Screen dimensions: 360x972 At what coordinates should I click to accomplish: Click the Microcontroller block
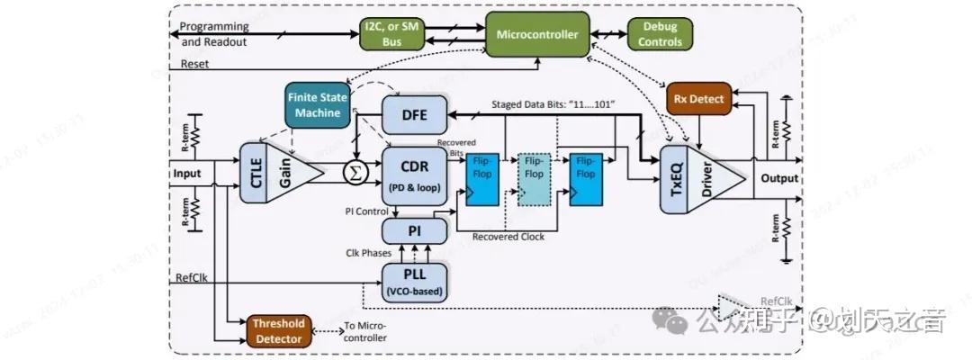click(538, 34)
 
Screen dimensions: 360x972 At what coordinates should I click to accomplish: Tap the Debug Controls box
click(660, 34)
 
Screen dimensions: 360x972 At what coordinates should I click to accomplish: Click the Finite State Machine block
click(314, 103)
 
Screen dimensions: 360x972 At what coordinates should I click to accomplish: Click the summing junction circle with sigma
click(354, 166)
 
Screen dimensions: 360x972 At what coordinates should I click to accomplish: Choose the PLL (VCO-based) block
click(414, 282)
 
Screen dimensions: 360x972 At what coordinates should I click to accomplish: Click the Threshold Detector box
click(278, 329)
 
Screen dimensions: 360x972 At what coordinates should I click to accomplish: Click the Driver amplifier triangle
click(715, 177)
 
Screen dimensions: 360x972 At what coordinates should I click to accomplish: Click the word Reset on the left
click(195, 64)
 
